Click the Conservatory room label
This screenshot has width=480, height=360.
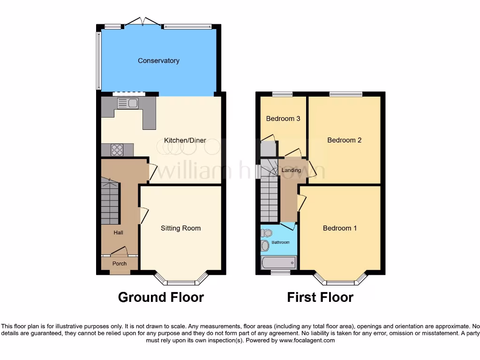(158, 60)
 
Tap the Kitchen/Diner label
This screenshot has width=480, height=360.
(185, 140)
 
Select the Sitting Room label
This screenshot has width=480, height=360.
(180, 228)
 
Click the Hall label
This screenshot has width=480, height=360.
(118, 232)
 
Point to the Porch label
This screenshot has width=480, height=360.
(120, 263)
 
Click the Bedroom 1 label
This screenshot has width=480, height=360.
(340, 228)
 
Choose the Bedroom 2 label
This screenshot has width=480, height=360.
(344, 140)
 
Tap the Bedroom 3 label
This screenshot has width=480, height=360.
(283, 119)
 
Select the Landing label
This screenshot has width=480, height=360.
(291, 170)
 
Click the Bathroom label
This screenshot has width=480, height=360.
(280, 242)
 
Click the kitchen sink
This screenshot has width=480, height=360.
(127, 104)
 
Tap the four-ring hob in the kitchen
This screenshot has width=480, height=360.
(117, 150)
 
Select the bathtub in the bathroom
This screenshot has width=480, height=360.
(278, 262)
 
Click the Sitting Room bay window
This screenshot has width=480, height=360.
(181, 281)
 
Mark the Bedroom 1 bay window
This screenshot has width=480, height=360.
(340, 281)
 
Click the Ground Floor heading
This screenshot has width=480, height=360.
(161, 297)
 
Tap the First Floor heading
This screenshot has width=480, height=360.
(320, 297)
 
